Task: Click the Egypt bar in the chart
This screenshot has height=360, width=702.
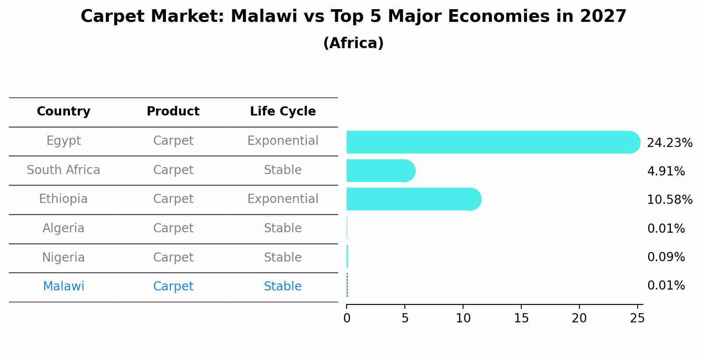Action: click(493, 142)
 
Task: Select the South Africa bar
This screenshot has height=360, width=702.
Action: click(381, 171)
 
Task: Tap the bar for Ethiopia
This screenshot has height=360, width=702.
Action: click(414, 199)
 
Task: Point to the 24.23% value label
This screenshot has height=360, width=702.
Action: click(670, 143)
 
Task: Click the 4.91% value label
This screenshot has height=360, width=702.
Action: click(666, 171)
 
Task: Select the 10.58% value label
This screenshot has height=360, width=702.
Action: click(670, 199)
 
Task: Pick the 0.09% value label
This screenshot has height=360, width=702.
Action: click(666, 257)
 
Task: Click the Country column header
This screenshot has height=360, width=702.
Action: click(63, 111)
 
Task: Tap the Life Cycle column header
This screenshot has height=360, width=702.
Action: click(283, 111)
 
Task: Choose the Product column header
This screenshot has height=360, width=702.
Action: click(173, 111)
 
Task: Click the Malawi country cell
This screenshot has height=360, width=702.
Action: click(63, 286)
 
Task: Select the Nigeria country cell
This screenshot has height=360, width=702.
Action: click(63, 257)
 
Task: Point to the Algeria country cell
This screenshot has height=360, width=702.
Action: click(63, 228)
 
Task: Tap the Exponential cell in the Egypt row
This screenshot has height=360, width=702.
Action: click(283, 141)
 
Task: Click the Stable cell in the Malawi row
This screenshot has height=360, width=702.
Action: click(283, 286)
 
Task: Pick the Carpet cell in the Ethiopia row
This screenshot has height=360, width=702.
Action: click(173, 199)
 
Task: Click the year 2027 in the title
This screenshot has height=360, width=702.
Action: click(603, 16)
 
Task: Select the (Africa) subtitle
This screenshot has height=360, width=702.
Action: click(353, 43)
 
